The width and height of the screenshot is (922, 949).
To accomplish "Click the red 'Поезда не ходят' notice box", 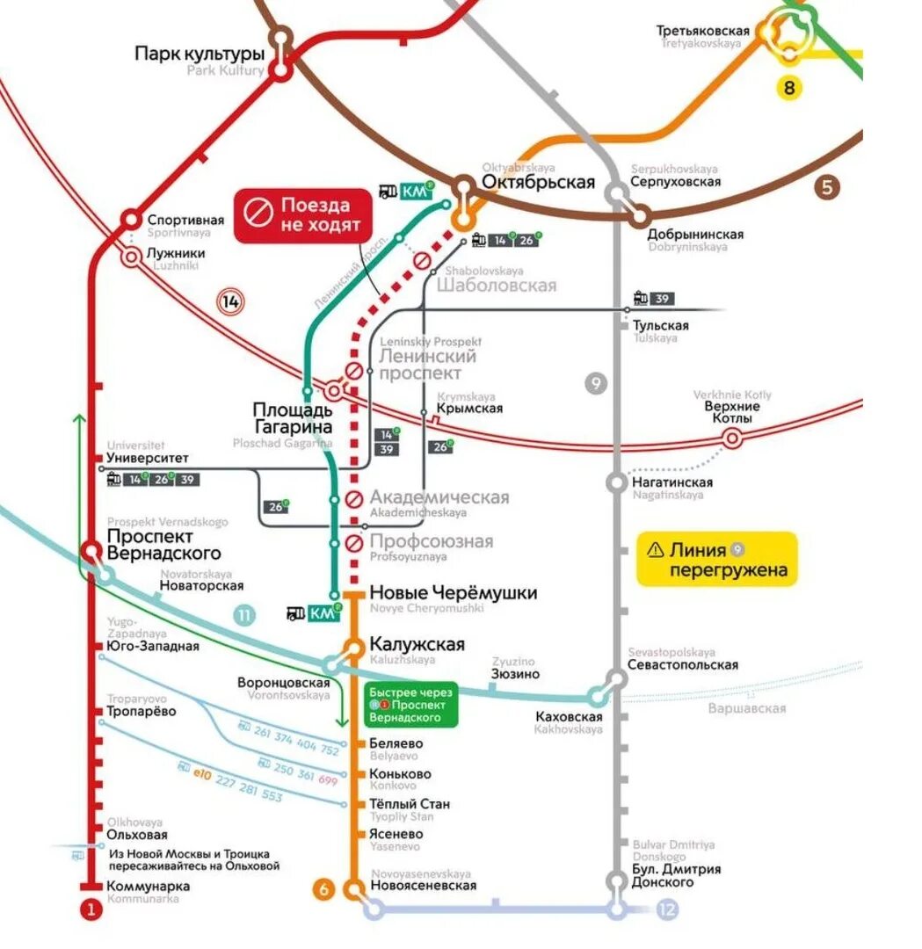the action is click(303, 215).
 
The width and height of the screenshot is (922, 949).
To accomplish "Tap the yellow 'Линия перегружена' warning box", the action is click(717, 560).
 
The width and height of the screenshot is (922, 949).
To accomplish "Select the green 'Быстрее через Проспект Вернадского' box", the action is click(411, 705).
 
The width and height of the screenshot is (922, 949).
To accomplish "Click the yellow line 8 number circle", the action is click(789, 87).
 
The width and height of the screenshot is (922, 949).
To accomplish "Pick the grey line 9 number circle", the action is click(596, 383).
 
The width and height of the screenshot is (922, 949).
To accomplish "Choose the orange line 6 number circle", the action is click(323, 889).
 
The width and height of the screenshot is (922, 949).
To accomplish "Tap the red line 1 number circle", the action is click(91, 910).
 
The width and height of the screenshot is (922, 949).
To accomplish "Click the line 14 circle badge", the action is click(231, 302).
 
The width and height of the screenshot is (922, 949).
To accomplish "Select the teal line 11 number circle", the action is click(244, 616).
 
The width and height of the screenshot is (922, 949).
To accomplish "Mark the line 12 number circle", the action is click(667, 909).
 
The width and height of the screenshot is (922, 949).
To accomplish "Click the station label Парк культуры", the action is click(200, 54).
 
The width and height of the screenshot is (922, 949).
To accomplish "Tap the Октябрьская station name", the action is click(538, 182).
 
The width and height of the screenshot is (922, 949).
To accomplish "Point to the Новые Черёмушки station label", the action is click(453, 593).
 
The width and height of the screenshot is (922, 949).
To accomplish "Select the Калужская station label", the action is click(417, 644).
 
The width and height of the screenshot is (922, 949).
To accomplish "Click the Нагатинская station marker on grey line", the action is click(617, 482).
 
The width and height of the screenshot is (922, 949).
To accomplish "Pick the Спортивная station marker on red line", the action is click(130, 219).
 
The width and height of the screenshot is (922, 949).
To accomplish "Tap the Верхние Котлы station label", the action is click(729, 412).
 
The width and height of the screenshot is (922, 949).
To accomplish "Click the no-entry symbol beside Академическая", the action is click(354, 499).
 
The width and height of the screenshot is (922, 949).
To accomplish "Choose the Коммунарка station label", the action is click(149, 887).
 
